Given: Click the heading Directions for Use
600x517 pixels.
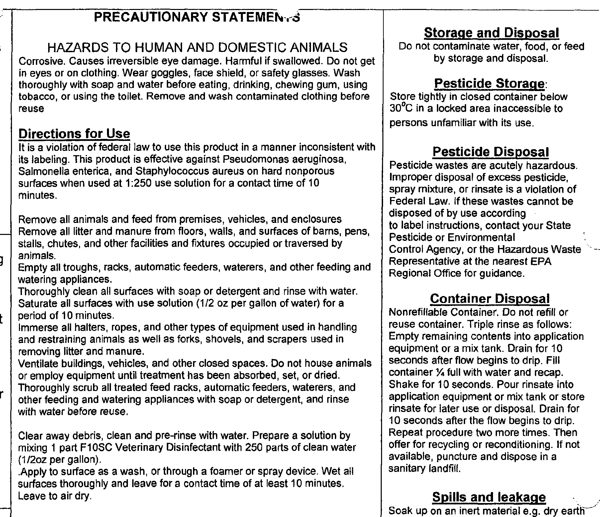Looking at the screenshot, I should click(74, 134).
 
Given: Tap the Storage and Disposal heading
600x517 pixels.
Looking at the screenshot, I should click(491, 33).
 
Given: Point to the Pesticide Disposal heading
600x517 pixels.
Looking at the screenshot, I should click(490, 152).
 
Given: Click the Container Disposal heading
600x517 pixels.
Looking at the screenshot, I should click(490, 298).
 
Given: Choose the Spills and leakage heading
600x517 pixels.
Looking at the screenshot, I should click(489, 497).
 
